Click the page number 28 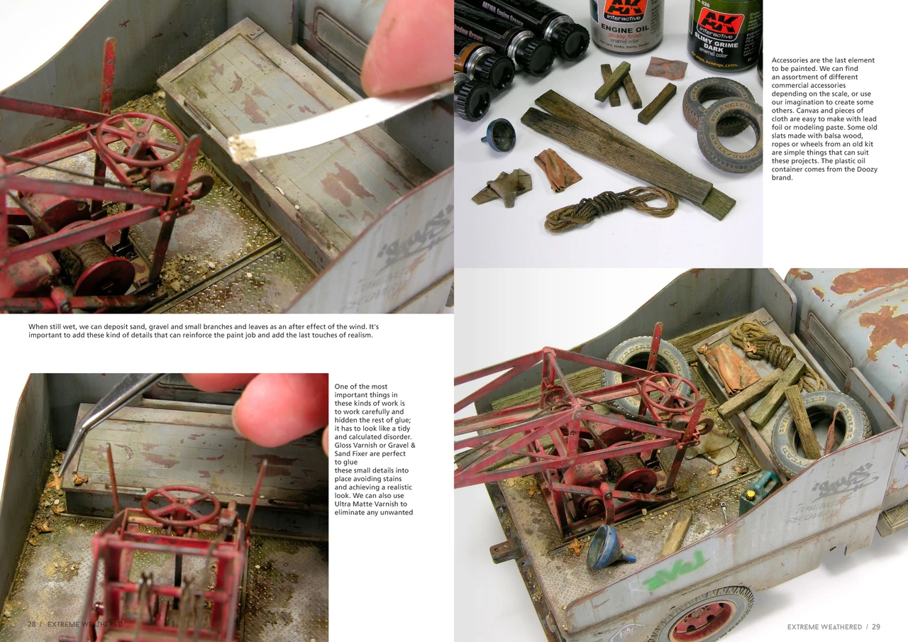click(32, 624)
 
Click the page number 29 click(876, 627)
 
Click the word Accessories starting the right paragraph click(794, 60)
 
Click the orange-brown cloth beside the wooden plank click(558, 170)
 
